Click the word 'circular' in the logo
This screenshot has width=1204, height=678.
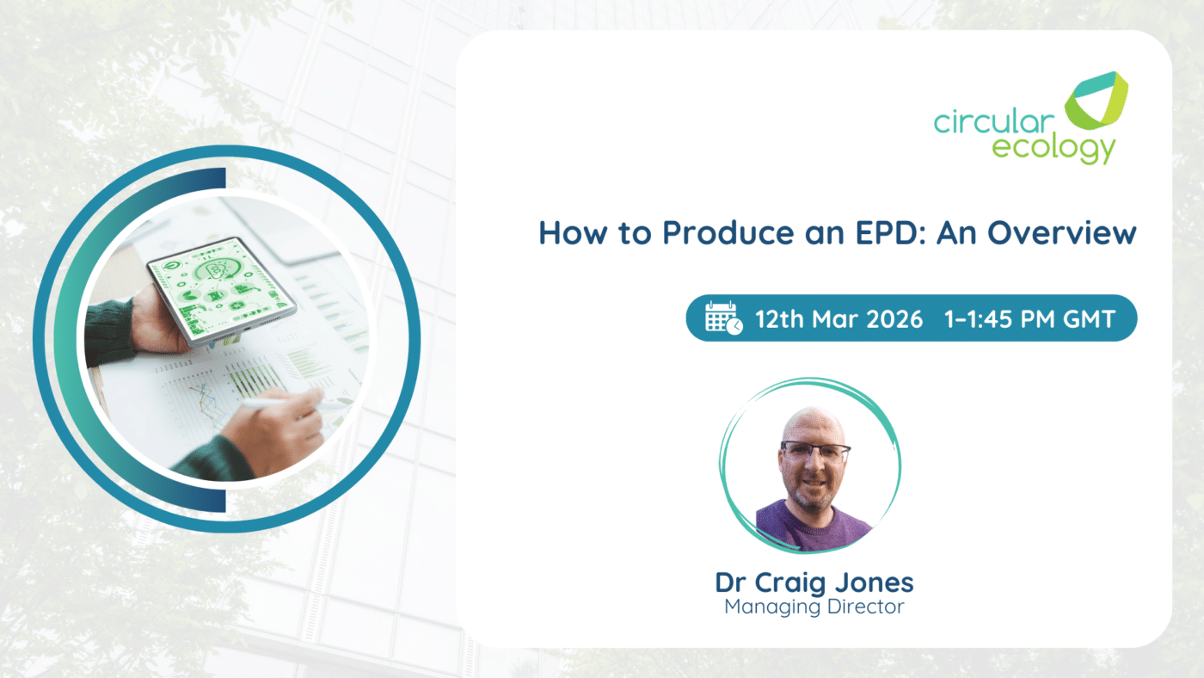(x=994, y=121)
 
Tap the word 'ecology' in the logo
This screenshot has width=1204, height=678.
(x=1053, y=149)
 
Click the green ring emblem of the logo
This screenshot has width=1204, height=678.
(x=1096, y=101)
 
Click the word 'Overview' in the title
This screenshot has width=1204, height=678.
(x=1061, y=233)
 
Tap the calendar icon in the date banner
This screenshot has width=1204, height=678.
(x=723, y=317)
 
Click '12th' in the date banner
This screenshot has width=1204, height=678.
(x=779, y=319)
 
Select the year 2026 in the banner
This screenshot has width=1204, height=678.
(x=894, y=319)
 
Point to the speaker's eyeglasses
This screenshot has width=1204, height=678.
(x=815, y=451)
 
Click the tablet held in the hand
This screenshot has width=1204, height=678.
(x=222, y=290)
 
